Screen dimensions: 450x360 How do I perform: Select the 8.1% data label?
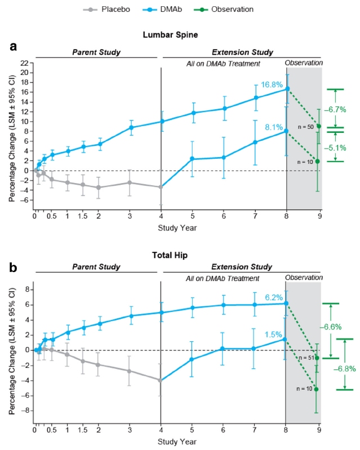[x=273, y=128]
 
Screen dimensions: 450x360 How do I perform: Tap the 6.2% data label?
[x=274, y=296]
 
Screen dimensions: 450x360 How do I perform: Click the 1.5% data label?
[x=274, y=334]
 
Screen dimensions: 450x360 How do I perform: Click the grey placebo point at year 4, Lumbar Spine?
[x=161, y=187]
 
